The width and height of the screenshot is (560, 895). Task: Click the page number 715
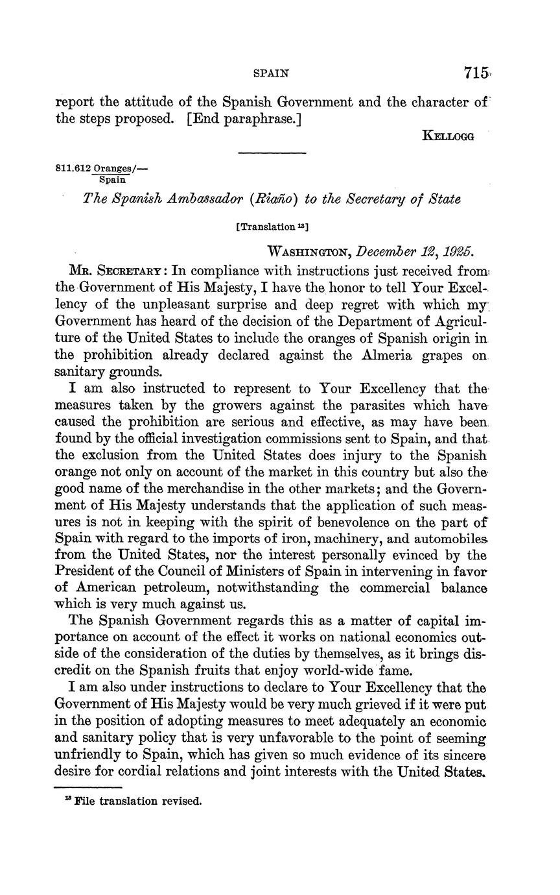475,73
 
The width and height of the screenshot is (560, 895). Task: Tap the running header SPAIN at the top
270,74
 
